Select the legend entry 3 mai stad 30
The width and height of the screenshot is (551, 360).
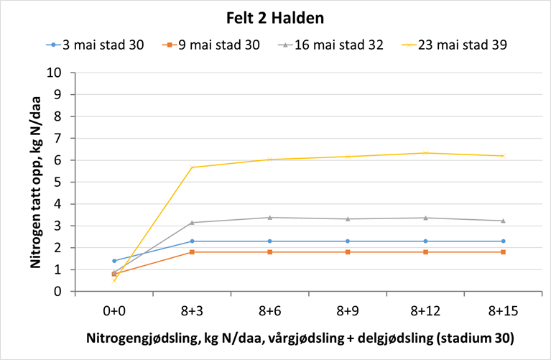coord(103,45)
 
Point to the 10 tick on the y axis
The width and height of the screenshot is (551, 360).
coord(61,73)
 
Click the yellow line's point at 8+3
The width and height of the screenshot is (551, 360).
coord(192,167)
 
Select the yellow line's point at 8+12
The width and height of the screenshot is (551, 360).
coord(425,153)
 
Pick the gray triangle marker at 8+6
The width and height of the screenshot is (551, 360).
coord(269,217)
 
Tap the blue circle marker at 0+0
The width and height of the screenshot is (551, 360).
coord(114,261)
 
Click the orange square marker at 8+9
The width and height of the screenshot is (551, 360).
coord(348,252)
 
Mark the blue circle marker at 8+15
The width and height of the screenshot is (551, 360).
coord(503,241)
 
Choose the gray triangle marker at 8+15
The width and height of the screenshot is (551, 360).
coord(503,221)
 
